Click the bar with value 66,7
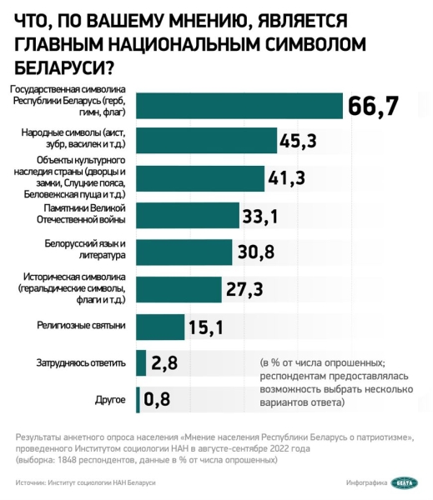pyautogui.click(x=239, y=105)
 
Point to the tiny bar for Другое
pyautogui.click(x=138, y=400)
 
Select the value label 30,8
pyautogui.click(x=256, y=252)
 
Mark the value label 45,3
pyautogui.click(x=299, y=141)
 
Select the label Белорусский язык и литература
pyautogui.click(x=84, y=251)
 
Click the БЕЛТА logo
pyautogui.click(x=402, y=482)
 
